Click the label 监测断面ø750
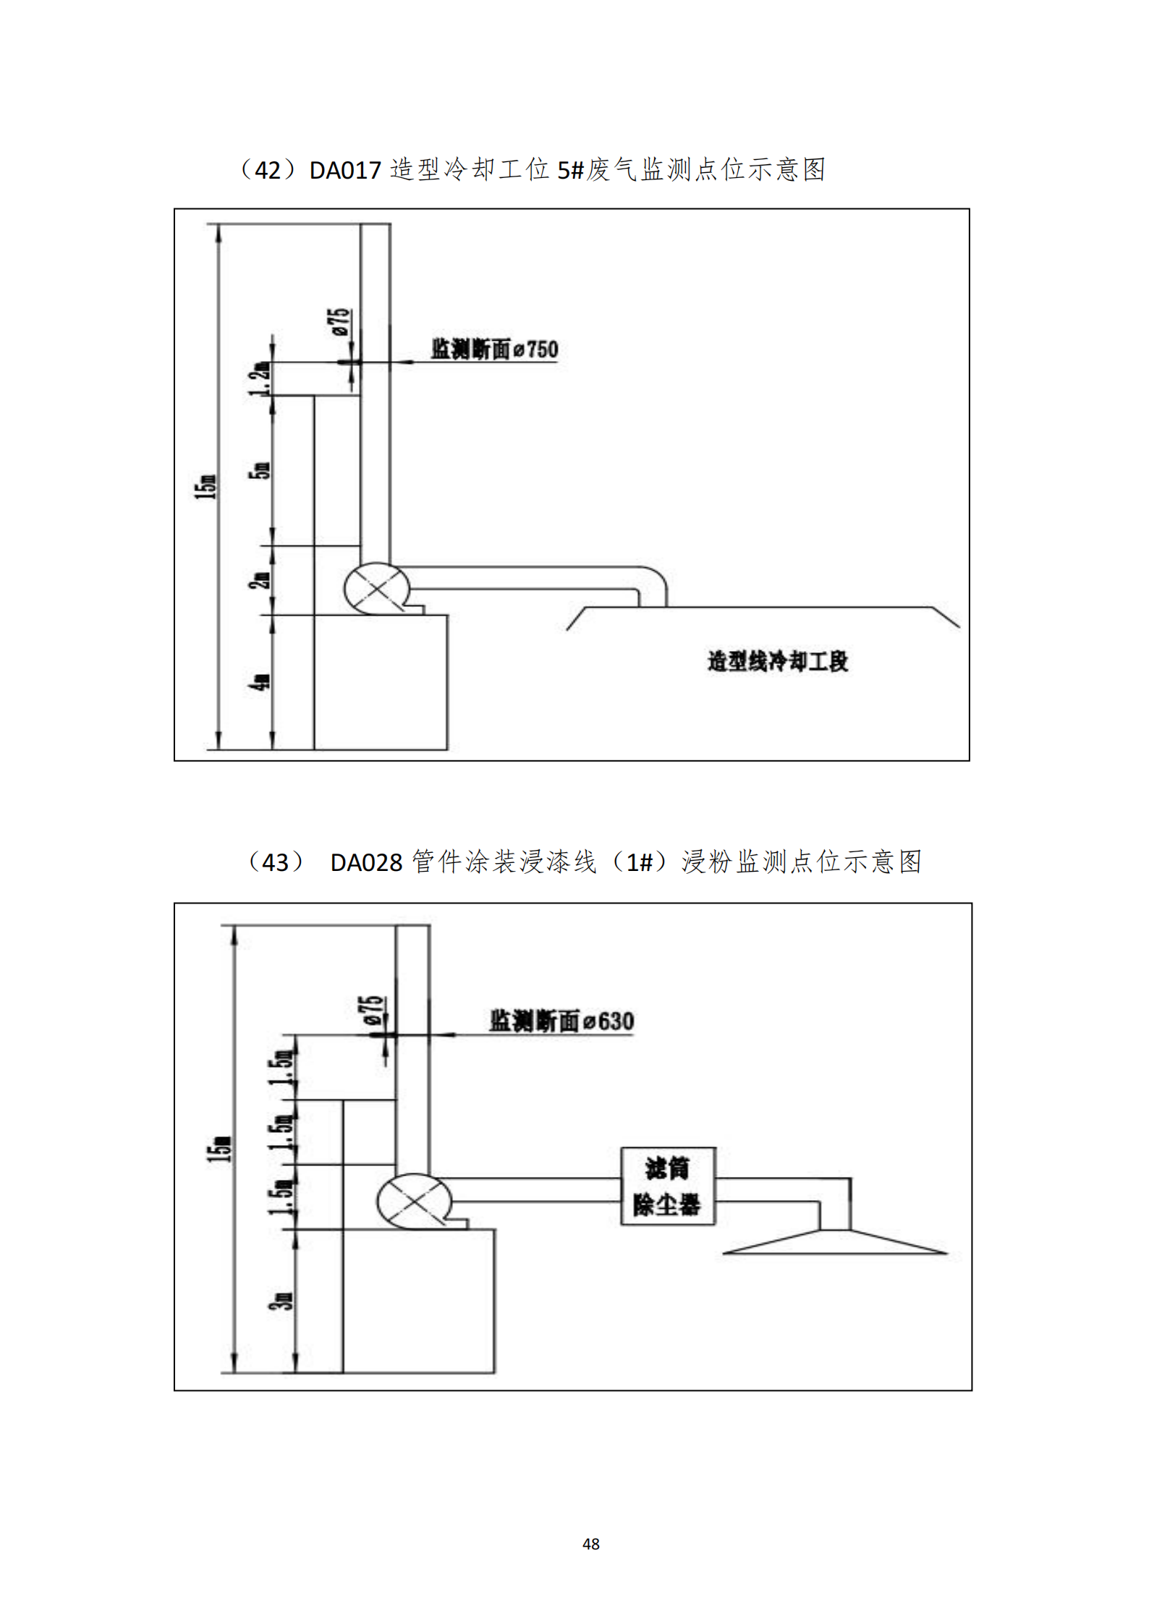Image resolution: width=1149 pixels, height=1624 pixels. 495,349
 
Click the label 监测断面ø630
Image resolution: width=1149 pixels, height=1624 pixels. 561,1021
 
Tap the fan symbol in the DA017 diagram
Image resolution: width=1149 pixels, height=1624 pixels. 376,589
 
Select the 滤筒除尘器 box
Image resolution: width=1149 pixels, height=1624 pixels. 668,1186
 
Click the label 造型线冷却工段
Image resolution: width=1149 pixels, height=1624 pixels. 778,661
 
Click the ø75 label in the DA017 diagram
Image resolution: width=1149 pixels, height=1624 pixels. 341,322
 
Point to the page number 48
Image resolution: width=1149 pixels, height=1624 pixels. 590,1544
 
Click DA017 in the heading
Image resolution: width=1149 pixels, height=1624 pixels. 345,171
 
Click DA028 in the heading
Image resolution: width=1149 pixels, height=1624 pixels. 366,863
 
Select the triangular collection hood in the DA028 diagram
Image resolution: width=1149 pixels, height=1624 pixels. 835,1243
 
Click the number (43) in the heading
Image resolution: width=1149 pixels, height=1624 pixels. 275,863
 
